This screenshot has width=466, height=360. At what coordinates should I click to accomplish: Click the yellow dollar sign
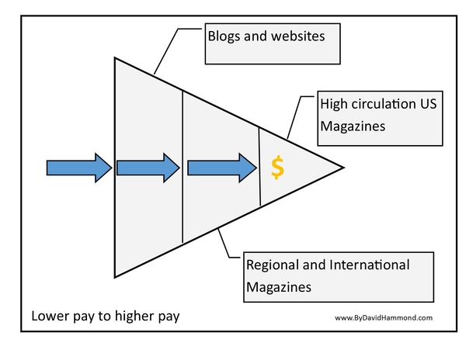pos(277,167)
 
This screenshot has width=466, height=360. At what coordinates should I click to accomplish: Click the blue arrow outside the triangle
pos(78,167)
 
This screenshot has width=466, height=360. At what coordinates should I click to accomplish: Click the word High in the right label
pos(336,104)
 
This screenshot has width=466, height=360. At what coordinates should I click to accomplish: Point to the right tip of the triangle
pos(343,167)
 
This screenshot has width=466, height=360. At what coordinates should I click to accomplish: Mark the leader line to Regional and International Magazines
pos(227,246)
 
